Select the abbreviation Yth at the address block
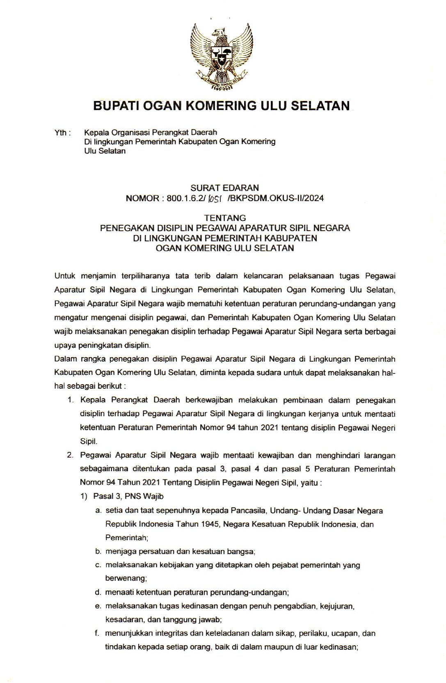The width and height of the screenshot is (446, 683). tap(61, 133)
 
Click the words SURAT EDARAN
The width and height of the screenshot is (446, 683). tap(224, 188)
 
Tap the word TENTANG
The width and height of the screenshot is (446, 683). tap(225, 218)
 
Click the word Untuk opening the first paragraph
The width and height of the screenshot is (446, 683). tap(65, 276)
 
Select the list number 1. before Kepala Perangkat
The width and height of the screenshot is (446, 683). tap(71, 400)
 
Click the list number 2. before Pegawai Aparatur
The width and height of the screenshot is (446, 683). tap(71, 455)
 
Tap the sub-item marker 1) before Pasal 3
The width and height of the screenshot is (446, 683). tap(84, 496)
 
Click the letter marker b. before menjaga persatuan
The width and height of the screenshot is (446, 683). tap(98, 552)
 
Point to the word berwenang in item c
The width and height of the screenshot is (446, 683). tap(126, 578)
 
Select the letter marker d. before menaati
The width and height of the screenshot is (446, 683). tap(98, 592)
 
